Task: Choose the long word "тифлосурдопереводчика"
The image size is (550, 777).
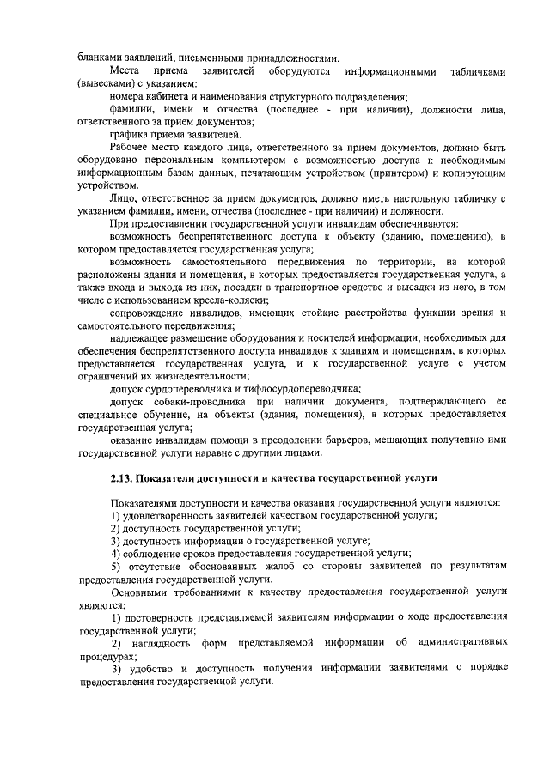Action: point(257,389)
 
